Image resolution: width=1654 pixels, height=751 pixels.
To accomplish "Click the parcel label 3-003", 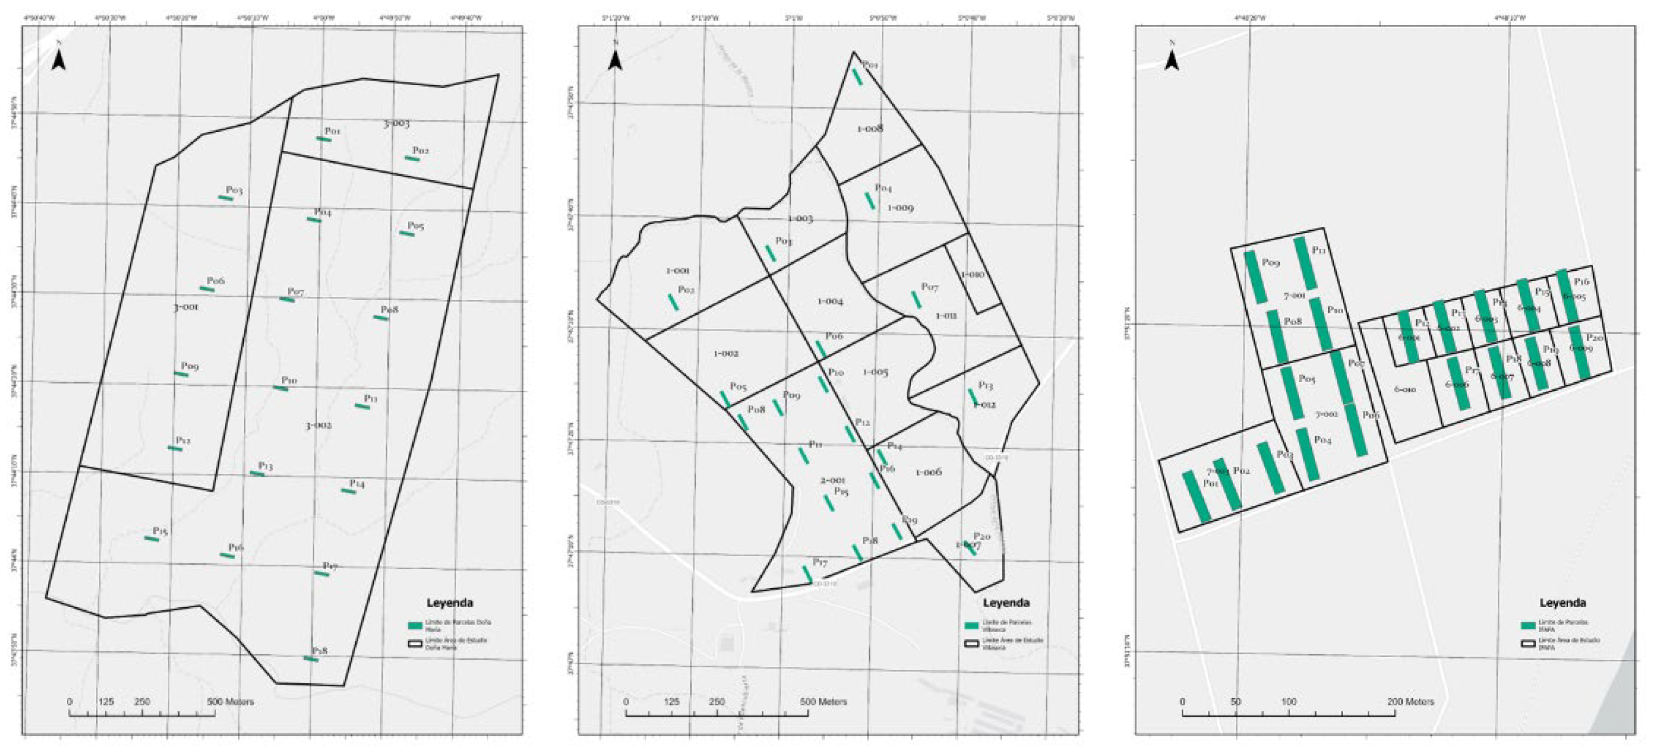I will (396, 123).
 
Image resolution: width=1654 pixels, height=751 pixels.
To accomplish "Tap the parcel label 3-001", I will (186, 308).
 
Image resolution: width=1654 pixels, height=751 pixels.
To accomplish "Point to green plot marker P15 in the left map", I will (151, 538).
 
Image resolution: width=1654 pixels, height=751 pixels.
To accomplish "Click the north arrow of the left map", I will (59, 60).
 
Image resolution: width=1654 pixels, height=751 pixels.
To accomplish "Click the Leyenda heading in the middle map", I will (1006, 603).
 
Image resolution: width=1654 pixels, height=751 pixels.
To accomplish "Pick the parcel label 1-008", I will (870, 129).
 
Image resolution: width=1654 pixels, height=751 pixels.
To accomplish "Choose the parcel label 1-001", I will (677, 271).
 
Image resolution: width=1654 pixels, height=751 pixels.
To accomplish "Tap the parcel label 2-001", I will (833, 480).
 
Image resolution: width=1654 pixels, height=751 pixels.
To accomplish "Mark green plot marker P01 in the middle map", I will (857, 77).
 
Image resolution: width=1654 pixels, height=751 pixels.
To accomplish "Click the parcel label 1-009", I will (900, 208).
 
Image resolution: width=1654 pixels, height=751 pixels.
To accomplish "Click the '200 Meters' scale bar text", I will (1410, 702).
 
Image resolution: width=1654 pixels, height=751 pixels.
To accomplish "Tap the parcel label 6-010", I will (1405, 390).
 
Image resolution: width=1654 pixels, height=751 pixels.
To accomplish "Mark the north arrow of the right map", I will (1172, 60).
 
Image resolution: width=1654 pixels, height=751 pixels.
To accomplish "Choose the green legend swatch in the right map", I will (1528, 625).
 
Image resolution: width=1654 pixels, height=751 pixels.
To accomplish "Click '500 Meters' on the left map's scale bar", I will (231, 702).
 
